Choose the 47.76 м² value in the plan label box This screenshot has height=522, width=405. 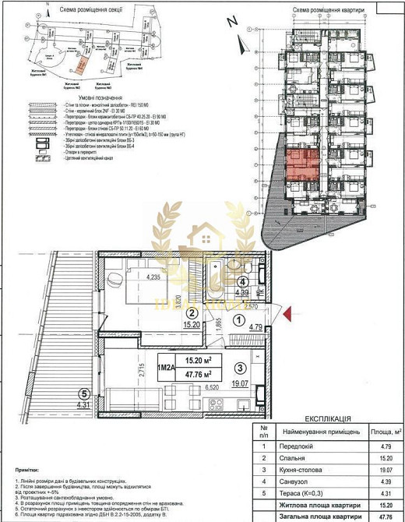[x=199, y=373]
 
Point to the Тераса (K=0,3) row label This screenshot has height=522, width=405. [x=308, y=492]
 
